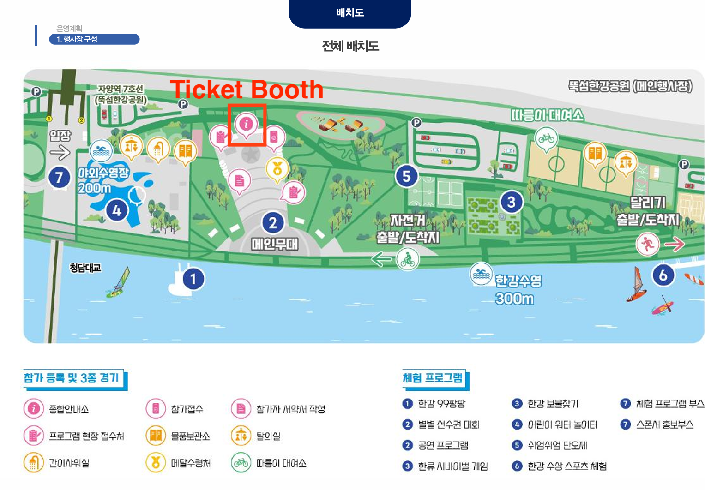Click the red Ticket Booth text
coord(247,90)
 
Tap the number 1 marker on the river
coord(193,279)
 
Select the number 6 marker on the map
coord(663,275)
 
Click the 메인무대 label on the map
coord(275,244)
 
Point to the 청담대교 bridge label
coord(85,268)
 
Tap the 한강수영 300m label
coord(517,290)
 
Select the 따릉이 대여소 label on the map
coord(547,115)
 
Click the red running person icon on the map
coord(647,244)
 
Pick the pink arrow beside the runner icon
coord(675,244)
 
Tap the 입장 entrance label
coord(60,136)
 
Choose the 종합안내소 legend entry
coord(69,409)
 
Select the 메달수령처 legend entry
coord(191,463)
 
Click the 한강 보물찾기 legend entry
coord(553,404)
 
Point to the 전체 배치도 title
coord(350,46)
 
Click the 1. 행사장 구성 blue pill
coord(94,39)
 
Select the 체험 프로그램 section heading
coord(433,378)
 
